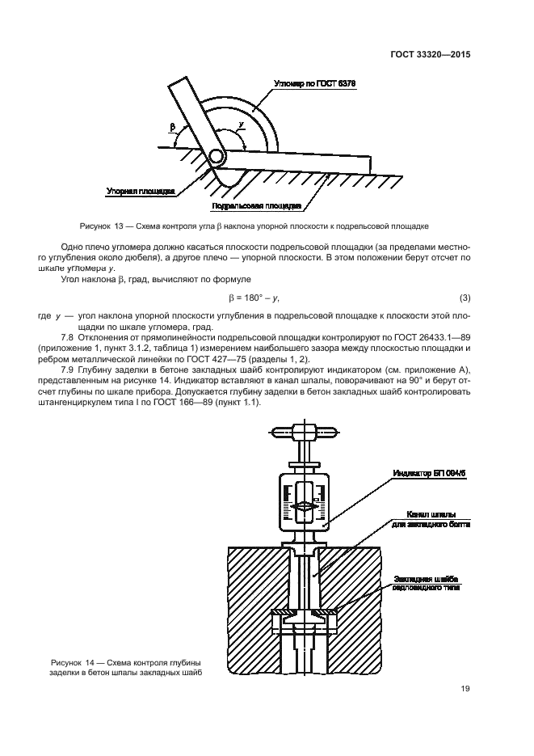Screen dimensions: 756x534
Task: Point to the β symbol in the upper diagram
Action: point(172,127)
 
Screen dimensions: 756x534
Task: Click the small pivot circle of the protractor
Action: point(217,154)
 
